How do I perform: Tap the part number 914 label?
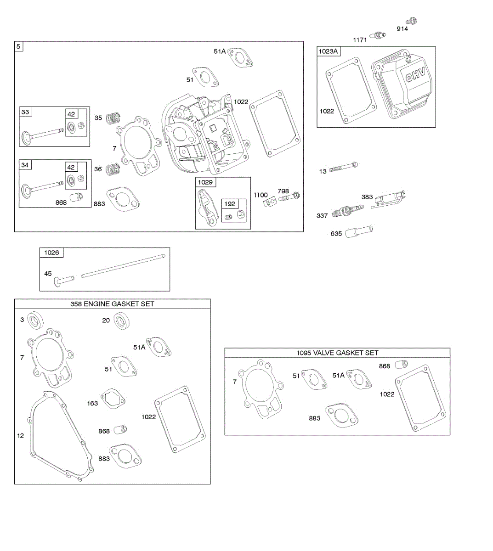402,29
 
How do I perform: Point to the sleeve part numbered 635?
360,231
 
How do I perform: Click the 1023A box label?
328,51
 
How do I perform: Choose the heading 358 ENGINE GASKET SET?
112,304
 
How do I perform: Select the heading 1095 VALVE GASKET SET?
337,353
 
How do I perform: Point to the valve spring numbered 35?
112,118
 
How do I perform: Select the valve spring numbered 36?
112,169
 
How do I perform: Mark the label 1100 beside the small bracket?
261,195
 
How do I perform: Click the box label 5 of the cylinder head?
18,46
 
